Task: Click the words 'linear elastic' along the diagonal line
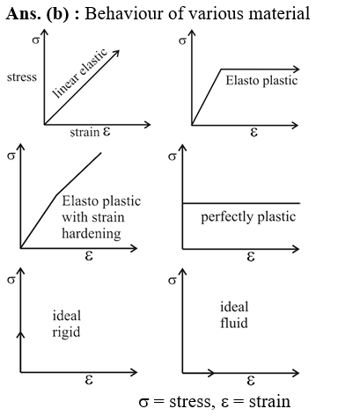80,73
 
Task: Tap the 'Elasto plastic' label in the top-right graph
261,81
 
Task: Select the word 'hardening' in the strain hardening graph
92,234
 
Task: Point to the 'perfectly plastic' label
248,217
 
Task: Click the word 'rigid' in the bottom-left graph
66,332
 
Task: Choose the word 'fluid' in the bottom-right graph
234,323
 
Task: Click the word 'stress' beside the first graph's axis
22,77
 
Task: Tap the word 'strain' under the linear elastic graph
84,132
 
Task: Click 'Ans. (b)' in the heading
37,13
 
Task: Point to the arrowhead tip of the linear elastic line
119,50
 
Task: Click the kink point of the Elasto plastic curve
221,69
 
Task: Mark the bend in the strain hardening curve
56,194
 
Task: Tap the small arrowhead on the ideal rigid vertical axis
20,333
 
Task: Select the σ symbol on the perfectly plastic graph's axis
173,157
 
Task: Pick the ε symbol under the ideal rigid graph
89,380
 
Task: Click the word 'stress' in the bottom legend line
190,402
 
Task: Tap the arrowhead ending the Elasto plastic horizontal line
298,69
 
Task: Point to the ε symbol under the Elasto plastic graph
254,133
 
